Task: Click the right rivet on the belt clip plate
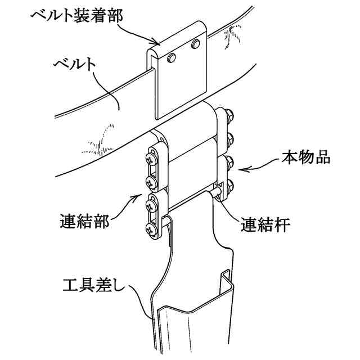(195, 43)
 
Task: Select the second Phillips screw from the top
(151, 181)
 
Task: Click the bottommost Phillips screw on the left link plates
(151, 228)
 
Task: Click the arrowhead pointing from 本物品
(240, 168)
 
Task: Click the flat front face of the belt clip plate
(181, 84)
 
